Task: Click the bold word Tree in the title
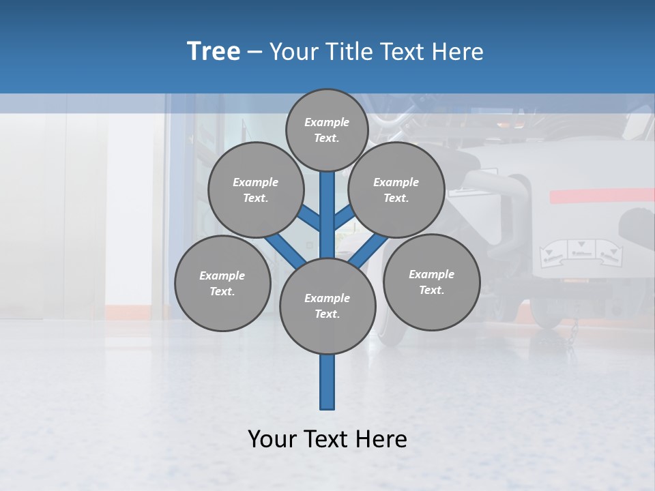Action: (x=214, y=52)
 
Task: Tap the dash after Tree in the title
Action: (x=254, y=53)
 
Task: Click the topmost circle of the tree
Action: (x=327, y=130)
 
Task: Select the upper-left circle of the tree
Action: (x=255, y=190)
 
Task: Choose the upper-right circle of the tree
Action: (x=396, y=190)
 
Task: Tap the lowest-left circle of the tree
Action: (x=222, y=283)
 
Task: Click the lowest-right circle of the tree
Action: (x=431, y=282)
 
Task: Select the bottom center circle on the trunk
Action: (x=327, y=306)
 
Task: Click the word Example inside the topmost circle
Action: (x=327, y=122)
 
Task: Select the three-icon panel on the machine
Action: (x=580, y=252)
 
